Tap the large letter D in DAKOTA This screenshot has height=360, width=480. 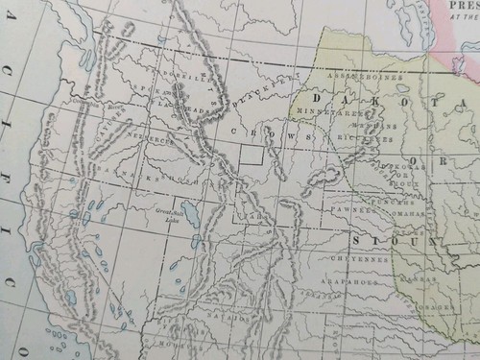click(318, 98)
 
